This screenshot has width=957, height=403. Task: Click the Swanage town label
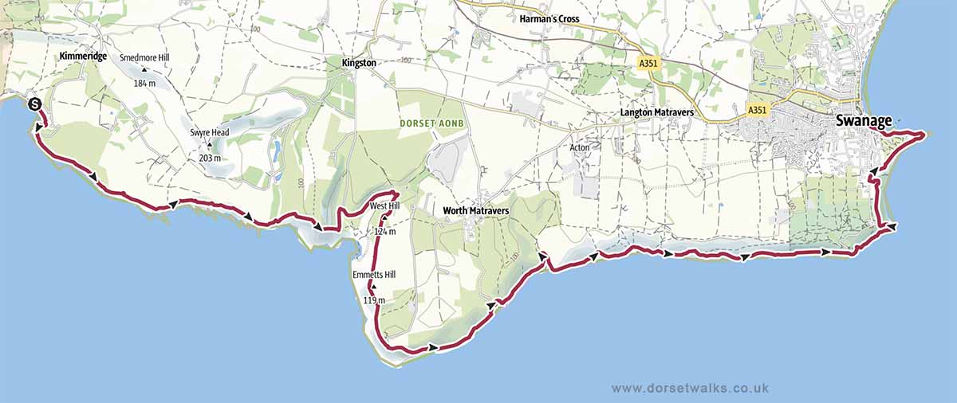click(x=864, y=121)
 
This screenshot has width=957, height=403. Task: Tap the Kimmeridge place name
click(x=83, y=57)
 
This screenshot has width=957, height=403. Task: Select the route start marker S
click(x=34, y=104)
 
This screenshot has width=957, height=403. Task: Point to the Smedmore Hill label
click(x=144, y=58)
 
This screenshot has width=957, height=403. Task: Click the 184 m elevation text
click(x=144, y=83)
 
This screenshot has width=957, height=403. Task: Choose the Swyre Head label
click(x=210, y=132)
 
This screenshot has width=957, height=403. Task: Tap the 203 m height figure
click(x=211, y=158)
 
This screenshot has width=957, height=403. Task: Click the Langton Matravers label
click(x=657, y=113)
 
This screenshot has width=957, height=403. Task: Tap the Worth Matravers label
click(x=477, y=211)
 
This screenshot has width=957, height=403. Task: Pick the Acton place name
click(x=580, y=147)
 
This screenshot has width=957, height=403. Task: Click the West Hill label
click(x=383, y=207)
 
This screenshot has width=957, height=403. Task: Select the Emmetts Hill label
click(x=373, y=275)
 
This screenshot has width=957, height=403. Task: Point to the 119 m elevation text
click(x=373, y=300)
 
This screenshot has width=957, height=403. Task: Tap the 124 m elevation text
click(x=384, y=232)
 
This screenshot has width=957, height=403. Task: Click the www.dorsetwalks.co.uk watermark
click(x=690, y=387)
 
